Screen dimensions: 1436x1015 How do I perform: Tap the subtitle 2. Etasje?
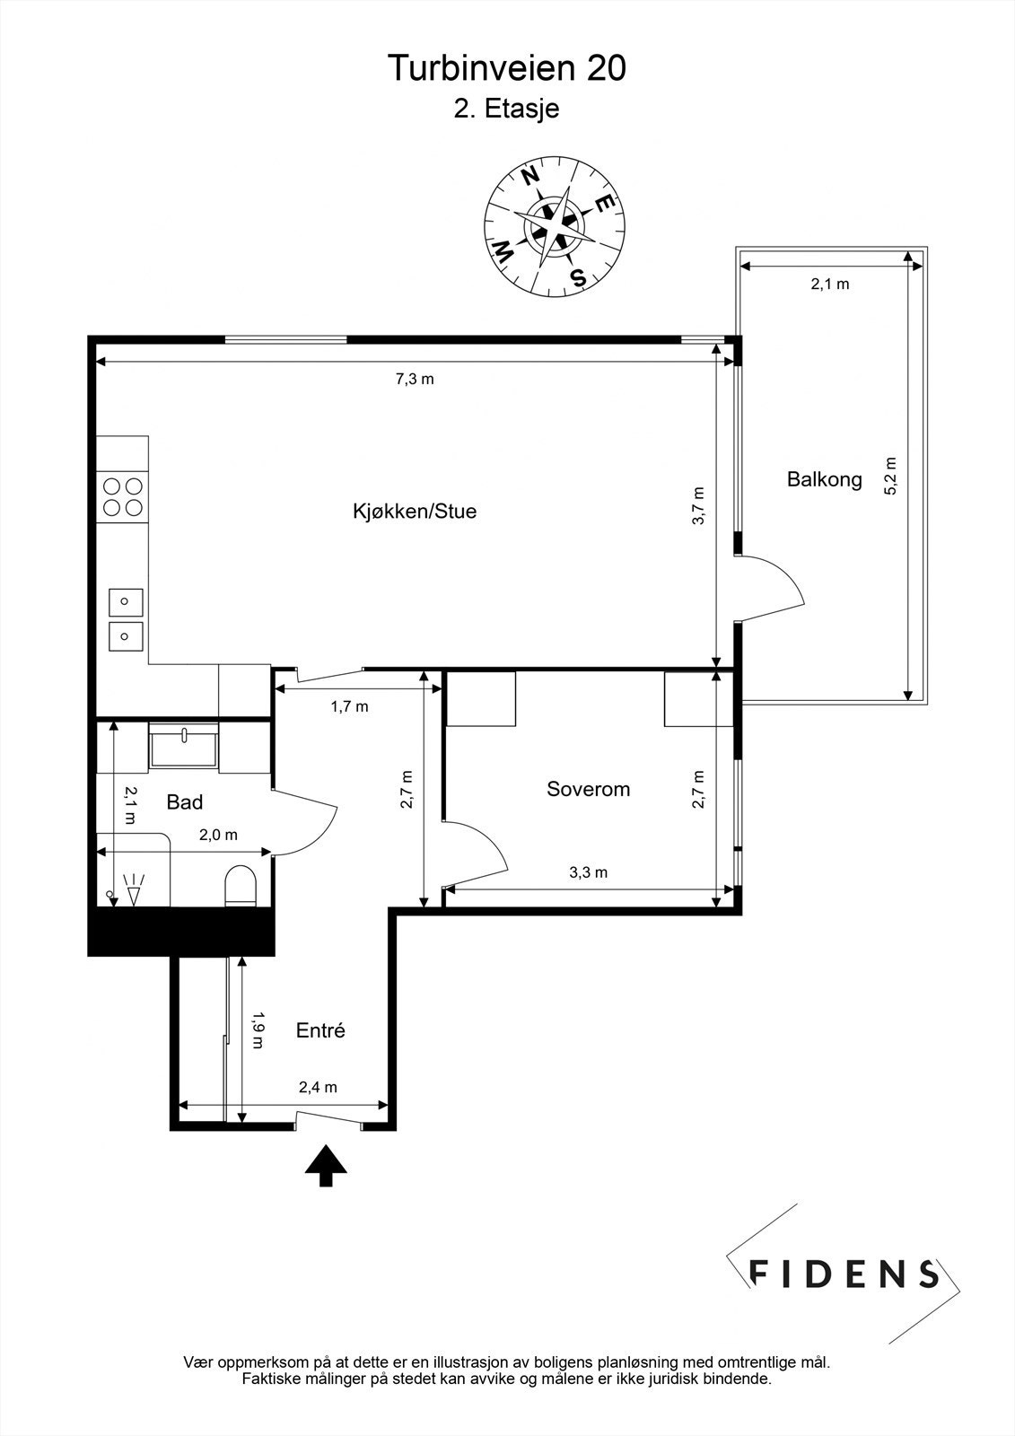click(507, 109)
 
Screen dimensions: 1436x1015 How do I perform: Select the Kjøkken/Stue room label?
click(414, 512)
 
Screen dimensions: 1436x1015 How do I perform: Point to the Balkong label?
click(824, 479)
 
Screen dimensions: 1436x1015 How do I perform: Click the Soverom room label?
click(588, 789)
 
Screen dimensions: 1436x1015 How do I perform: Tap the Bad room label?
click(185, 801)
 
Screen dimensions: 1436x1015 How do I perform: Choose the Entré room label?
click(320, 1030)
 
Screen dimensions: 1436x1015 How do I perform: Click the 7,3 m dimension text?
click(415, 379)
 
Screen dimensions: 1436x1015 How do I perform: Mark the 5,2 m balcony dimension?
click(890, 477)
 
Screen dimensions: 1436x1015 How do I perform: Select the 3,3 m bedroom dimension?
click(589, 872)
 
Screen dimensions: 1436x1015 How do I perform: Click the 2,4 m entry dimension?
click(318, 1088)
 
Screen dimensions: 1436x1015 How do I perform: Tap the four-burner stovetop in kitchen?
click(123, 496)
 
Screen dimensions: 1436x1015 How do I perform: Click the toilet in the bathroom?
click(241, 886)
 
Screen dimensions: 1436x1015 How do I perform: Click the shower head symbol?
click(135, 889)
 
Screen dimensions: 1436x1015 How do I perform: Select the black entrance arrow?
click(326, 1165)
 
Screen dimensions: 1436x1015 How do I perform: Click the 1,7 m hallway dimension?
click(349, 706)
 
